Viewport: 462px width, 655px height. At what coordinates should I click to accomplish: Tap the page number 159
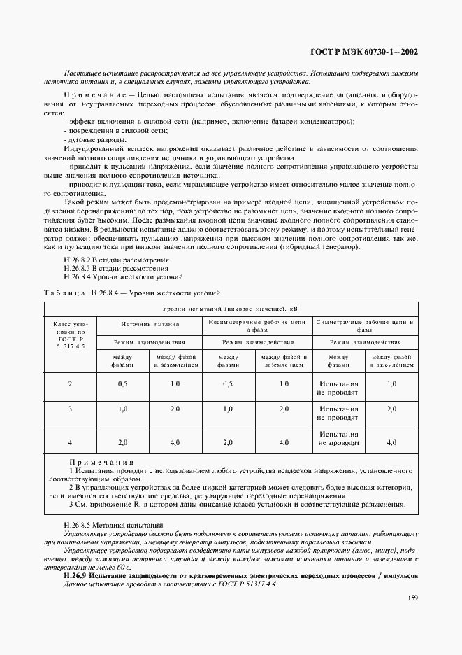click(x=411, y=598)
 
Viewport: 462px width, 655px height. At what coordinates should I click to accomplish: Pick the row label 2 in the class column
click(x=70, y=384)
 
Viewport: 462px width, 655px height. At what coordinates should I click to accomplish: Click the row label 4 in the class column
click(x=70, y=442)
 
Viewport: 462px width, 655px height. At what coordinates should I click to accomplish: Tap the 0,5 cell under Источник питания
click(x=122, y=384)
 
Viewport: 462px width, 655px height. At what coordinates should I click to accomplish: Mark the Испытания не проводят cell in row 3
click(x=338, y=413)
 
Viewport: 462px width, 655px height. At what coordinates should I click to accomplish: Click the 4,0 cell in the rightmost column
click(x=391, y=442)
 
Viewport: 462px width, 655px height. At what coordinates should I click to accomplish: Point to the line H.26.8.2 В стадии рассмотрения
click(x=115, y=260)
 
